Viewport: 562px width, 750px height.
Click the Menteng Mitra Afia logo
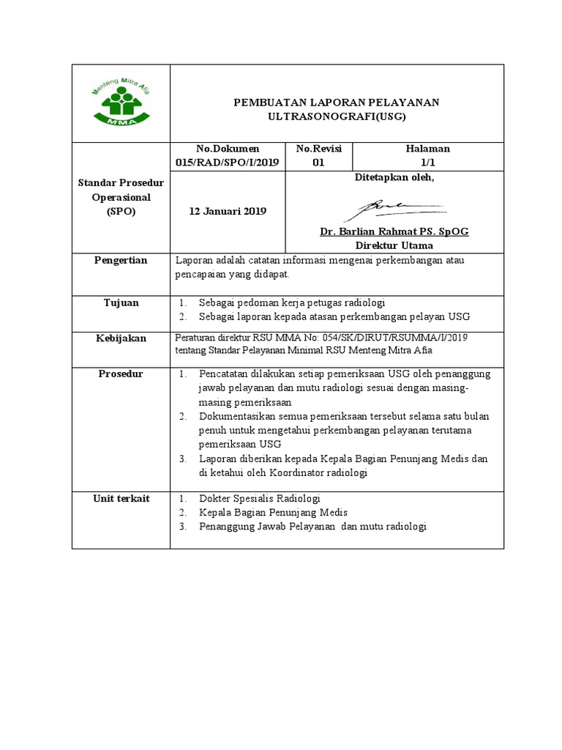[120, 103]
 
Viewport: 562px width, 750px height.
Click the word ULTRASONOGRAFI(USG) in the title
[337, 116]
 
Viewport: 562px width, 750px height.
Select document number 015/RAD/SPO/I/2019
[228, 163]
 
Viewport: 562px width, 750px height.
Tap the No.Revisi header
[318, 149]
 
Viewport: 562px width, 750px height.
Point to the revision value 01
[318, 163]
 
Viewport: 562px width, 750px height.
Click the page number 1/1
[428, 163]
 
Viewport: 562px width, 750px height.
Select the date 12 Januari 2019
[228, 211]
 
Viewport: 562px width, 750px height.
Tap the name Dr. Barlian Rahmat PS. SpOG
[394, 231]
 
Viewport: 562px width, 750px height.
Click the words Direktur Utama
[394, 245]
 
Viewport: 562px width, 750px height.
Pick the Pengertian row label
[121, 260]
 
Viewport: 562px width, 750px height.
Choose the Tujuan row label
[121, 302]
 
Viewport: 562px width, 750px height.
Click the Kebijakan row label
[121, 338]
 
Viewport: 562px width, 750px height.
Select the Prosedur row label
[121, 374]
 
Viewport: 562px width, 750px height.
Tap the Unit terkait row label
[121, 499]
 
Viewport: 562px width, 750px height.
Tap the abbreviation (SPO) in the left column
[121, 211]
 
